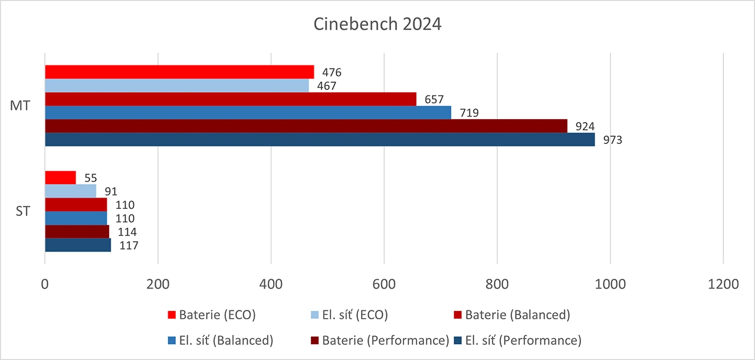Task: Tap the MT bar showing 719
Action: (248, 112)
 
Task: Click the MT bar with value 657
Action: (230, 99)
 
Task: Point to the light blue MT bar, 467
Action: (177, 86)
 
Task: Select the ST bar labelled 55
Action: (60, 178)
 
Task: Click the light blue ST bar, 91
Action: (70, 191)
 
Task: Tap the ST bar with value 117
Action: (78, 245)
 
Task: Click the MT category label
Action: (21, 106)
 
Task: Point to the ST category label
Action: (22, 211)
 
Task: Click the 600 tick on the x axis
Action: (384, 283)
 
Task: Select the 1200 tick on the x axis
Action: (723, 283)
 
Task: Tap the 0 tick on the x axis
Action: (45, 283)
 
